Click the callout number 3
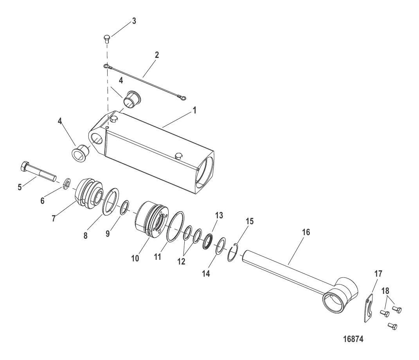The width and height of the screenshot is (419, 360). click(x=134, y=21)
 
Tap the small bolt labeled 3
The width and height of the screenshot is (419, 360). click(x=107, y=39)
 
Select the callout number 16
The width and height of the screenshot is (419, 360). click(x=306, y=232)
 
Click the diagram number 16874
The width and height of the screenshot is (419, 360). click(x=353, y=339)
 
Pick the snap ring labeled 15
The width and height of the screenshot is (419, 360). click(x=232, y=252)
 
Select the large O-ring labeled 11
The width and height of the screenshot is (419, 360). click(x=175, y=227)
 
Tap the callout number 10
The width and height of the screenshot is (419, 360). click(x=135, y=258)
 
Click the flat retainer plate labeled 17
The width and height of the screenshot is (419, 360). click(x=369, y=308)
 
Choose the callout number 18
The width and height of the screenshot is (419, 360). click(x=385, y=291)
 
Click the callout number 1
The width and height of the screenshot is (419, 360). click(x=194, y=110)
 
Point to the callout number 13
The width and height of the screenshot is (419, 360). click(x=219, y=215)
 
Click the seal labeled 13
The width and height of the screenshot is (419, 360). click(x=208, y=241)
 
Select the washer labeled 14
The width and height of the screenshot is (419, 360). click(x=221, y=246)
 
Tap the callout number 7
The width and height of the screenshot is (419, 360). click(x=54, y=219)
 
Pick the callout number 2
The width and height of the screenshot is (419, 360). click(x=157, y=55)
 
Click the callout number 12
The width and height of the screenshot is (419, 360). click(x=181, y=261)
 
